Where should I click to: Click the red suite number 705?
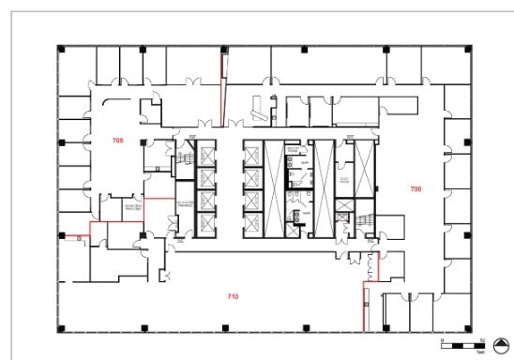click(117, 140)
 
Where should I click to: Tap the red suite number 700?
click(416, 188)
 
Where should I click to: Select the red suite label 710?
click(233, 296)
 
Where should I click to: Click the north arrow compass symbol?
click(501, 343)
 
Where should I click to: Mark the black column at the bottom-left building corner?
click(60, 327)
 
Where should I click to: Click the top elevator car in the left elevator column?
click(206, 154)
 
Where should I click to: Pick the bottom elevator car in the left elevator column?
click(206, 221)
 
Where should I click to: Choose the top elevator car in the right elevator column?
click(252, 154)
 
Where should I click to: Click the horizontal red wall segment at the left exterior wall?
click(75, 232)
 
